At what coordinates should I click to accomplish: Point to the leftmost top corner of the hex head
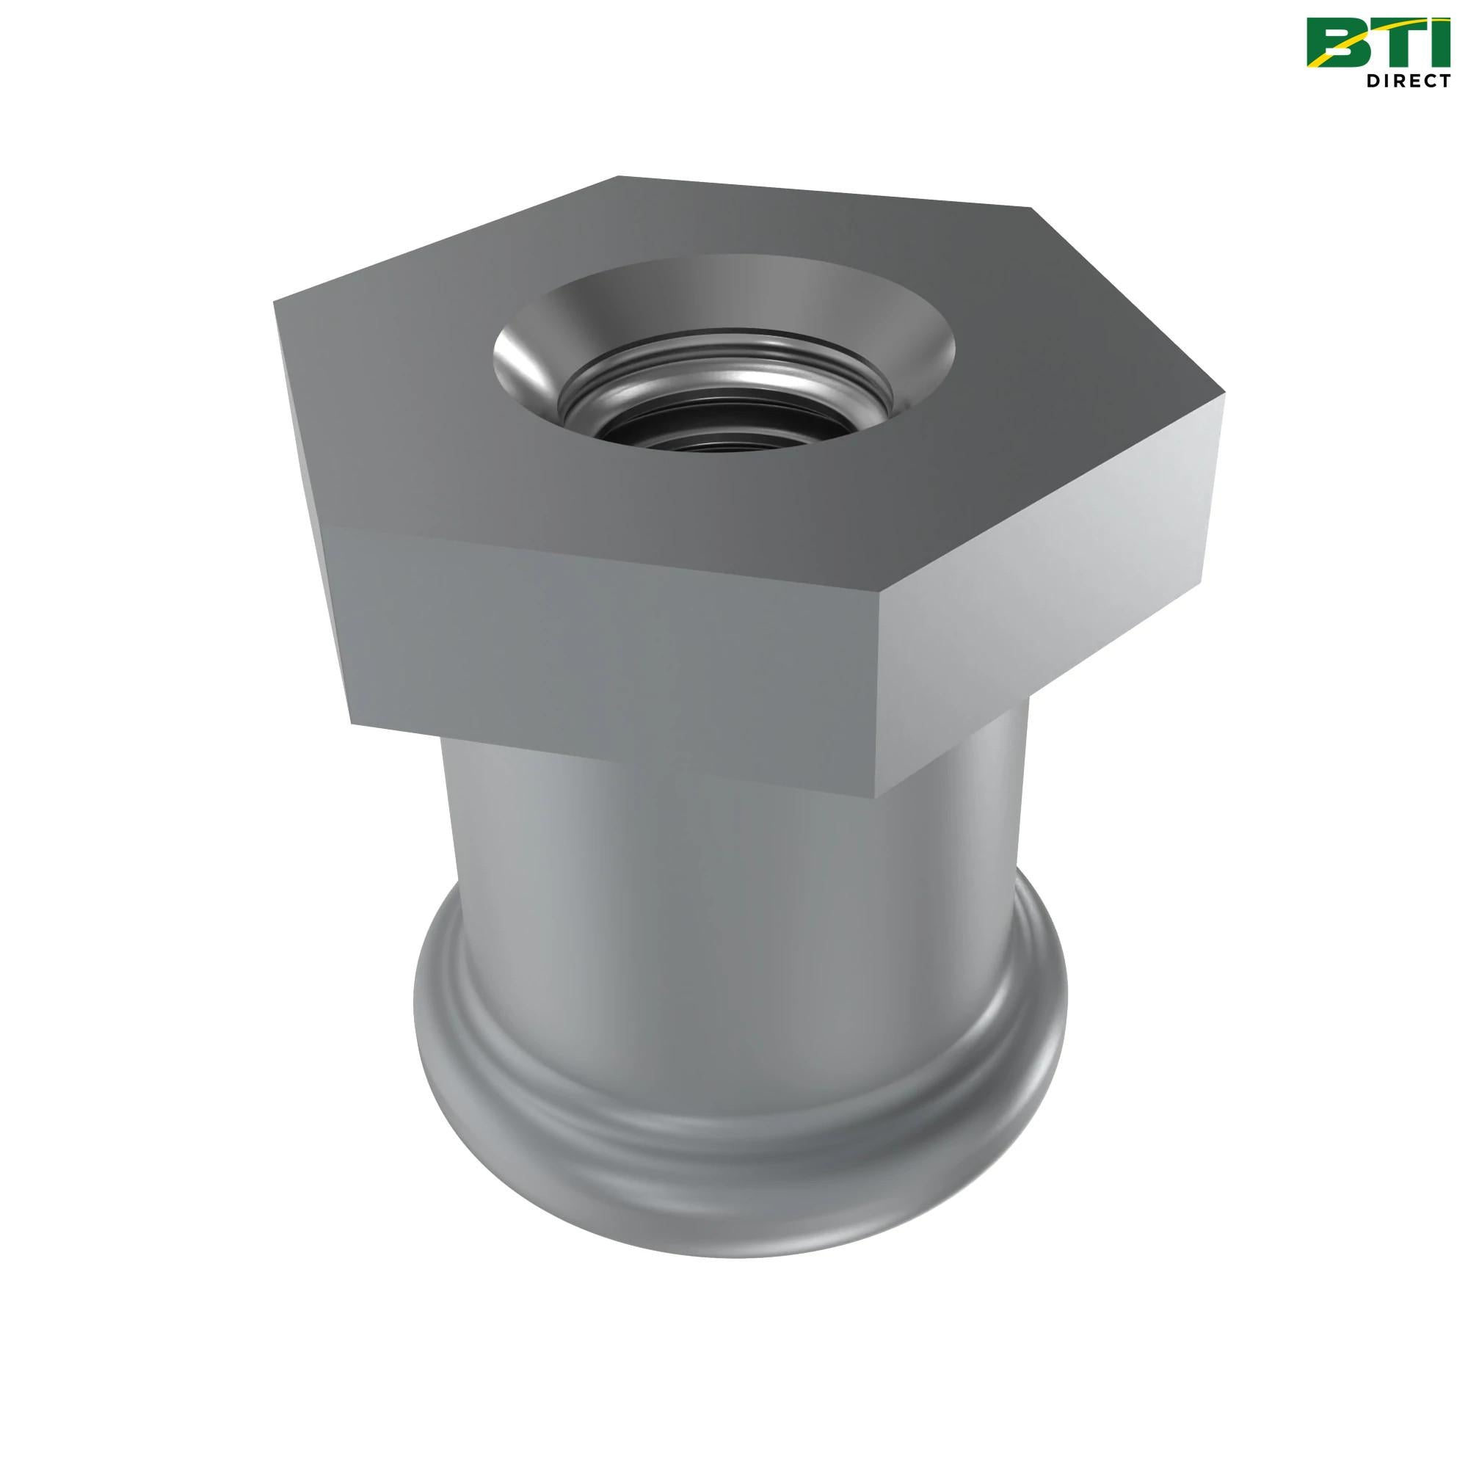click(x=275, y=302)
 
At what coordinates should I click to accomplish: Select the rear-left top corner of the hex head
click(x=617, y=176)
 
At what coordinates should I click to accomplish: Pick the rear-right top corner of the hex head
click(x=1031, y=208)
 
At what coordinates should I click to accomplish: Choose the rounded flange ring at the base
click(x=730, y=1185)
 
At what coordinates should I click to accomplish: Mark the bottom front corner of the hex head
click(x=880, y=798)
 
